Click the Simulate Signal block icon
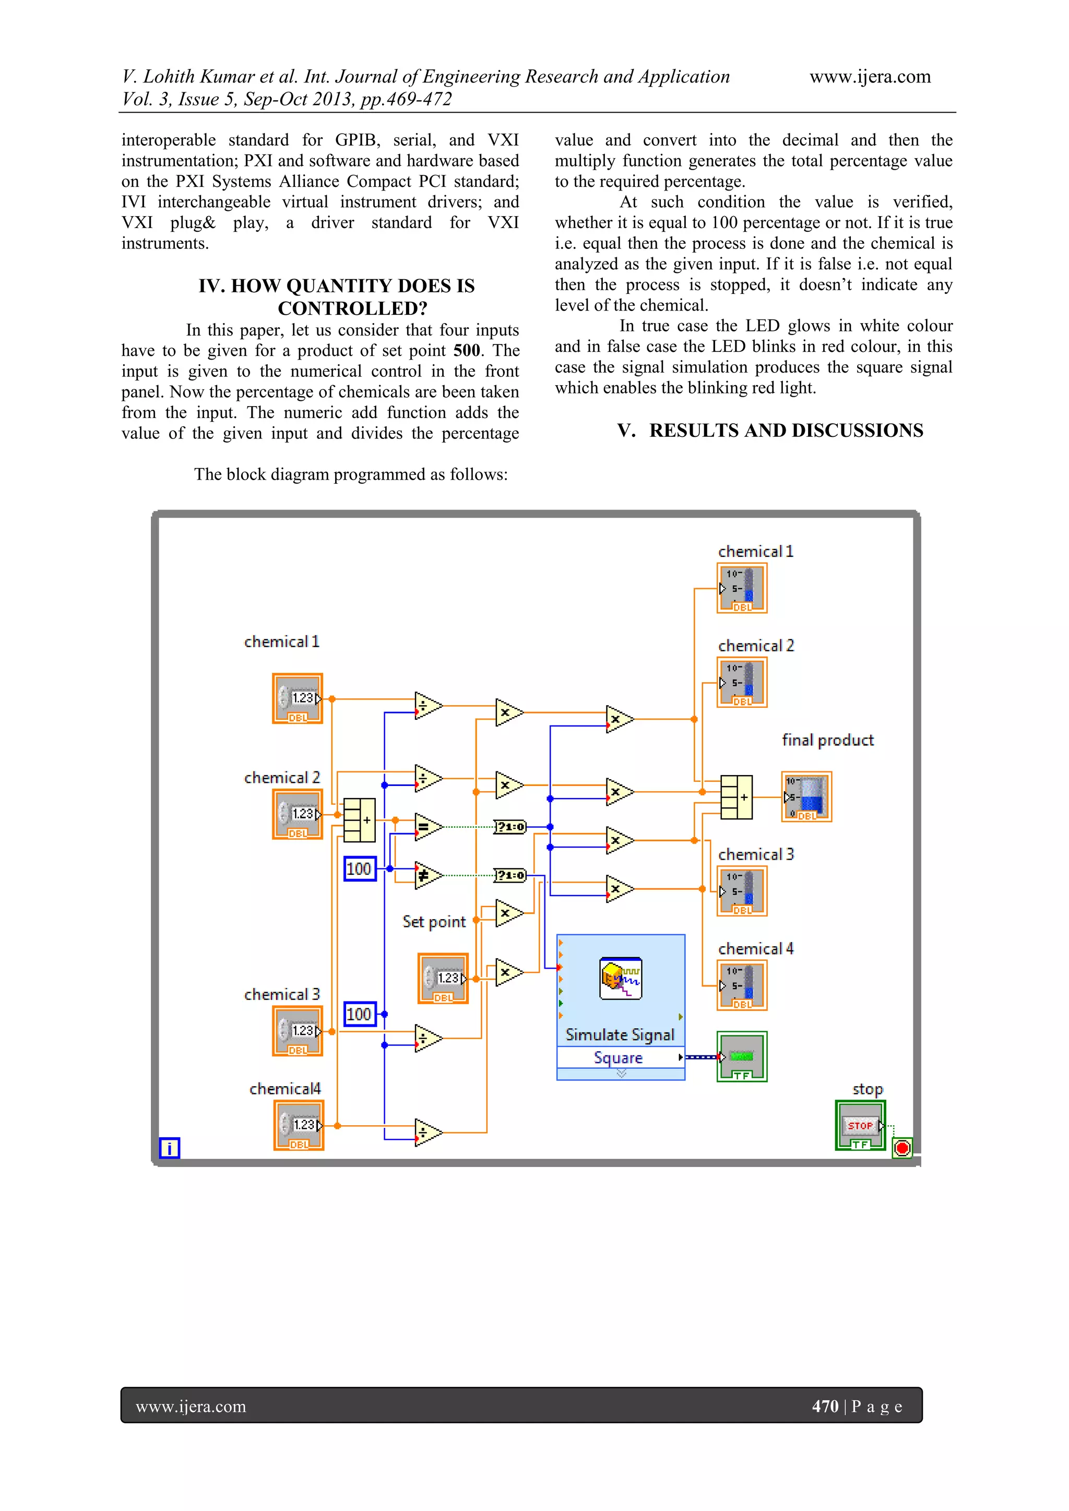[x=620, y=979]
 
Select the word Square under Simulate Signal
[x=617, y=1057]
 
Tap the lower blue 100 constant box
[x=360, y=1014]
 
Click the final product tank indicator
[x=807, y=796]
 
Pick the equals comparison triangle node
[x=426, y=827]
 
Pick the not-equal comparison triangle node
[x=426, y=876]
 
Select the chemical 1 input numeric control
[x=298, y=698]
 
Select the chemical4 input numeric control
[x=299, y=1125]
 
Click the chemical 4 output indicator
[x=742, y=986]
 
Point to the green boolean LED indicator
[x=742, y=1057]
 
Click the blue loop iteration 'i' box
[x=170, y=1148]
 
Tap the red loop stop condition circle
[x=902, y=1148]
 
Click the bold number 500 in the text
[x=467, y=351]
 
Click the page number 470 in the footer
[x=825, y=1407]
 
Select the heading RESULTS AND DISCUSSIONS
[x=786, y=431]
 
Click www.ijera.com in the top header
[x=870, y=77]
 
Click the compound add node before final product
[x=736, y=797]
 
